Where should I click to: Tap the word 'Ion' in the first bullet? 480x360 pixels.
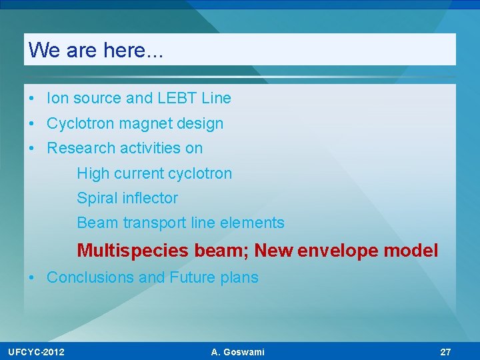pos(57,99)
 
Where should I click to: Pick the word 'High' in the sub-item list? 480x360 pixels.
pos(91,173)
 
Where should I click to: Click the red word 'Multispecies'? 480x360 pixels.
pos(133,251)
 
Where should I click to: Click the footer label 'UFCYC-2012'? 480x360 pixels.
pos(37,352)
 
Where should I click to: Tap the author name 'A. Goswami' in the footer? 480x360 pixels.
pos(237,352)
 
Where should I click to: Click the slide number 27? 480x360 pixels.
pos(445,352)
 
